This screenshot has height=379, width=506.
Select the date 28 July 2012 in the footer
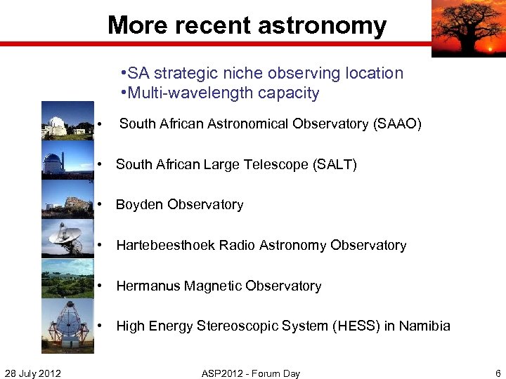click(32, 373)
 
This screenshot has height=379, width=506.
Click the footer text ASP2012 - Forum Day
click(250, 373)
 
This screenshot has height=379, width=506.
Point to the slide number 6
click(498, 373)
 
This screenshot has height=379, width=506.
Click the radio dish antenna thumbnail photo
click(67, 239)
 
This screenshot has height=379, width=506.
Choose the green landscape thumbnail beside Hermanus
click(67, 279)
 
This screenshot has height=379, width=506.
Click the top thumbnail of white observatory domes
click(67, 121)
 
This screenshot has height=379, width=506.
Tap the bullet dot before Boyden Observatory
click(102, 205)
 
